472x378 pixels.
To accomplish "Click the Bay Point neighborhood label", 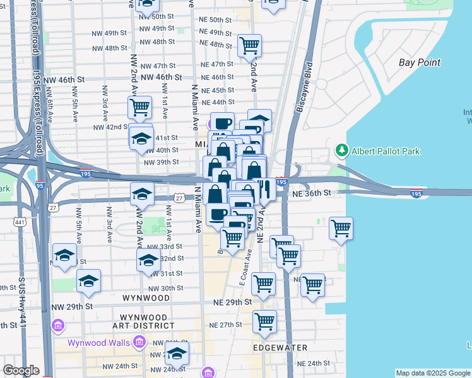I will (420, 62).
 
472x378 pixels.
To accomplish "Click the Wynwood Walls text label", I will (100, 343).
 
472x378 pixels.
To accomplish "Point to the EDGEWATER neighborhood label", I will (280, 348).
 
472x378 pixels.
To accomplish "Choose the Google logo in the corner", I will (21, 370).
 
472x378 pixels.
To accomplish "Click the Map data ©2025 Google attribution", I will (433, 373).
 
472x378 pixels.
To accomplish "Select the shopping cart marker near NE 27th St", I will (264, 321).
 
